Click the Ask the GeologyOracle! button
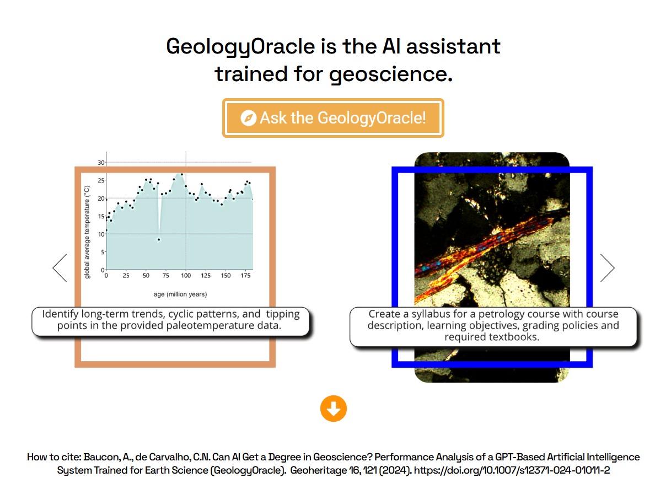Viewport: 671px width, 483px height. click(x=333, y=118)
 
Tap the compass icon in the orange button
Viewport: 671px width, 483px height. click(x=248, y=118)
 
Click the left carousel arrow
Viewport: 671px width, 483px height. click(x=60, y=268)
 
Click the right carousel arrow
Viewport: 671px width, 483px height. click(x=608, y=268)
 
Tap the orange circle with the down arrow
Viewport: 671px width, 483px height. click(x=334, y=409)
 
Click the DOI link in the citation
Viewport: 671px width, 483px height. click(x=512, y=470)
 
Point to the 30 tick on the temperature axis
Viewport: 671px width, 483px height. click(x=101, y=163)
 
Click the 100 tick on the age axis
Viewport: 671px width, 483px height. click(x=186, y=276)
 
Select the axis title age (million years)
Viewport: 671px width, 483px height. click(x=180, y=294)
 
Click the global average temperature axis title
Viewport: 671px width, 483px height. click(x=87, y=232)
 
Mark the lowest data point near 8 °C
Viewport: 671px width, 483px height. click(x=159, y=240)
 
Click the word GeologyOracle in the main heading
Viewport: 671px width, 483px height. click(x=240, y=47)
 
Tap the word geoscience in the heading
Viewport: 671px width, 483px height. click(x=390, y=74)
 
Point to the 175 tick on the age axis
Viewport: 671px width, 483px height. click(x=246, y=276)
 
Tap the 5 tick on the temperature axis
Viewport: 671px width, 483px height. click(x=103, y=253)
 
